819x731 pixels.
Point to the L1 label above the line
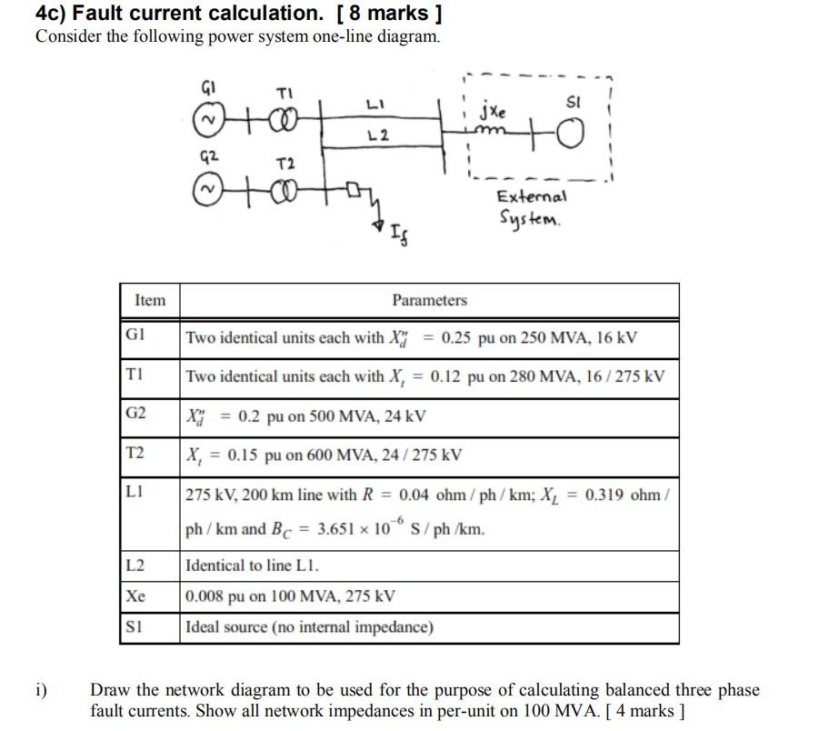coord(380,106)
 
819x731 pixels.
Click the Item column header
coord(150,300)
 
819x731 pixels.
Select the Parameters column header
coord(429,300)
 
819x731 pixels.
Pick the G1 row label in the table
coord(135,337)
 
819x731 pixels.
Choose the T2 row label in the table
coord(135,454)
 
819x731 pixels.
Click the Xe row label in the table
coord(135,596)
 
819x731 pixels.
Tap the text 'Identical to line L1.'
coord(252,566)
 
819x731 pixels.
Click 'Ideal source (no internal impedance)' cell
coord(309,627)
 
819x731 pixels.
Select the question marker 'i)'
coord(41,691)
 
